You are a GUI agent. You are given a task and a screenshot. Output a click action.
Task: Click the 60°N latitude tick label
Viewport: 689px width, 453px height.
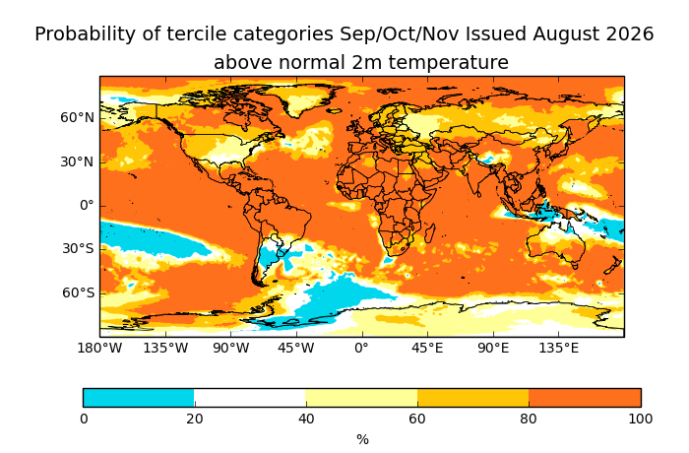tap(78, 118)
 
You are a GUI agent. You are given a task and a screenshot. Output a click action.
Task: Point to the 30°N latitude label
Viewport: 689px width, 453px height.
tap(78, 162)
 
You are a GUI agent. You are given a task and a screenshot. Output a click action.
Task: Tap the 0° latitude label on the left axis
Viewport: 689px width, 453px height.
tap(87, 206)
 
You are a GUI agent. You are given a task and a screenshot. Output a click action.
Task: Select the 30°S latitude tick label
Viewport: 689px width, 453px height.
tap(78, 249)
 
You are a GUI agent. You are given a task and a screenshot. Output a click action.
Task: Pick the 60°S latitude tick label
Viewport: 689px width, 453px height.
tap(78, 292)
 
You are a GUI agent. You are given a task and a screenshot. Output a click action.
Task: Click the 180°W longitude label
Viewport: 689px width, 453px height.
tap(99, 349)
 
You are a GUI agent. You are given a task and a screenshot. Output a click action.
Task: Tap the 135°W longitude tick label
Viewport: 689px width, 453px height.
tap(165, 349)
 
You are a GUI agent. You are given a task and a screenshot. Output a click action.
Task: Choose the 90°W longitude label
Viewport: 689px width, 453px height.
tap(231, 349)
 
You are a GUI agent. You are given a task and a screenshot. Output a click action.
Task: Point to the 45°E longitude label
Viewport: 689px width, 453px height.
tap(427, 349)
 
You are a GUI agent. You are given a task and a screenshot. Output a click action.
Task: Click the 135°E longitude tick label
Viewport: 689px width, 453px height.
tap(558, 349)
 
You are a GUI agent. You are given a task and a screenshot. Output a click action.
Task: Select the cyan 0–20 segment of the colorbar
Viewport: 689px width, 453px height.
tap(139, 398)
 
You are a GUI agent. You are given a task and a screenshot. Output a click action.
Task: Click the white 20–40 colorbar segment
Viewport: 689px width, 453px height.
tap(250, 398)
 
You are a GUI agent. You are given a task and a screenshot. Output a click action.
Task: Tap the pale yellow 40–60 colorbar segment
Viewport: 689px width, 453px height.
tap(361, 398)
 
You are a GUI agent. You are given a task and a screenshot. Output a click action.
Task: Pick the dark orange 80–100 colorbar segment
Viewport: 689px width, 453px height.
tap(585, 398)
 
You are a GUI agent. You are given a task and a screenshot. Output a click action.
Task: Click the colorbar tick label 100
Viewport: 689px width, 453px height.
tap(640, 419)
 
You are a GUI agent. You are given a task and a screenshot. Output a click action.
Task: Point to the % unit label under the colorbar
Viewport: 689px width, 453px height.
tap(362, 439)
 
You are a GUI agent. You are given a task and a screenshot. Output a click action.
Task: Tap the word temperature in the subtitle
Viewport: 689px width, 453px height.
tap(448, 62)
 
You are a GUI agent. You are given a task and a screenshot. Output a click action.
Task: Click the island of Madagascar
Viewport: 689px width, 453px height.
tap(430, 232)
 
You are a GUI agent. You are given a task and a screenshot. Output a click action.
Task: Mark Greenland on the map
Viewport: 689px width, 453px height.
tap(303, 97)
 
